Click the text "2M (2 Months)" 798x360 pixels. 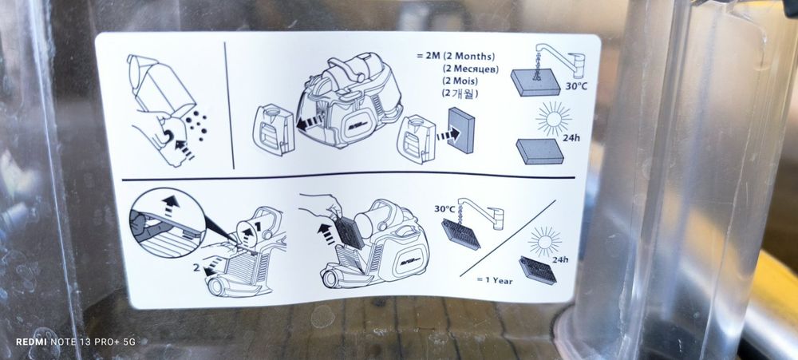coord(460,57)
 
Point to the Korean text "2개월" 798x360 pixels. coord(460,93)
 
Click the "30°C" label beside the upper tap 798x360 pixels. coord(576,86)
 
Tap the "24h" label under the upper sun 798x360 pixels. coord(572,138)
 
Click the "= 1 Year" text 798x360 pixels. coord(495,280)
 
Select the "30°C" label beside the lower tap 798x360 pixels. coord(444,209)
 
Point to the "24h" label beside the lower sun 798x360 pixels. coord(560,259)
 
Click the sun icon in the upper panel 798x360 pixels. coord(554,119)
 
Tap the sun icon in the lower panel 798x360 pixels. coord(544,241)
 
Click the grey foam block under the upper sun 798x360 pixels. coord(540,151)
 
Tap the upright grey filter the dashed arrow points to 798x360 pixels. coord(462,130)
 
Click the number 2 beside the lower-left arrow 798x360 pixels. coord(196,267)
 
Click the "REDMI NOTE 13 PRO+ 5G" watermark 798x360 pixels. coord(75,342)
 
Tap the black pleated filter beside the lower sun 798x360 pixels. coord(537,271)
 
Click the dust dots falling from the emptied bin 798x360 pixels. coord(196,125)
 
